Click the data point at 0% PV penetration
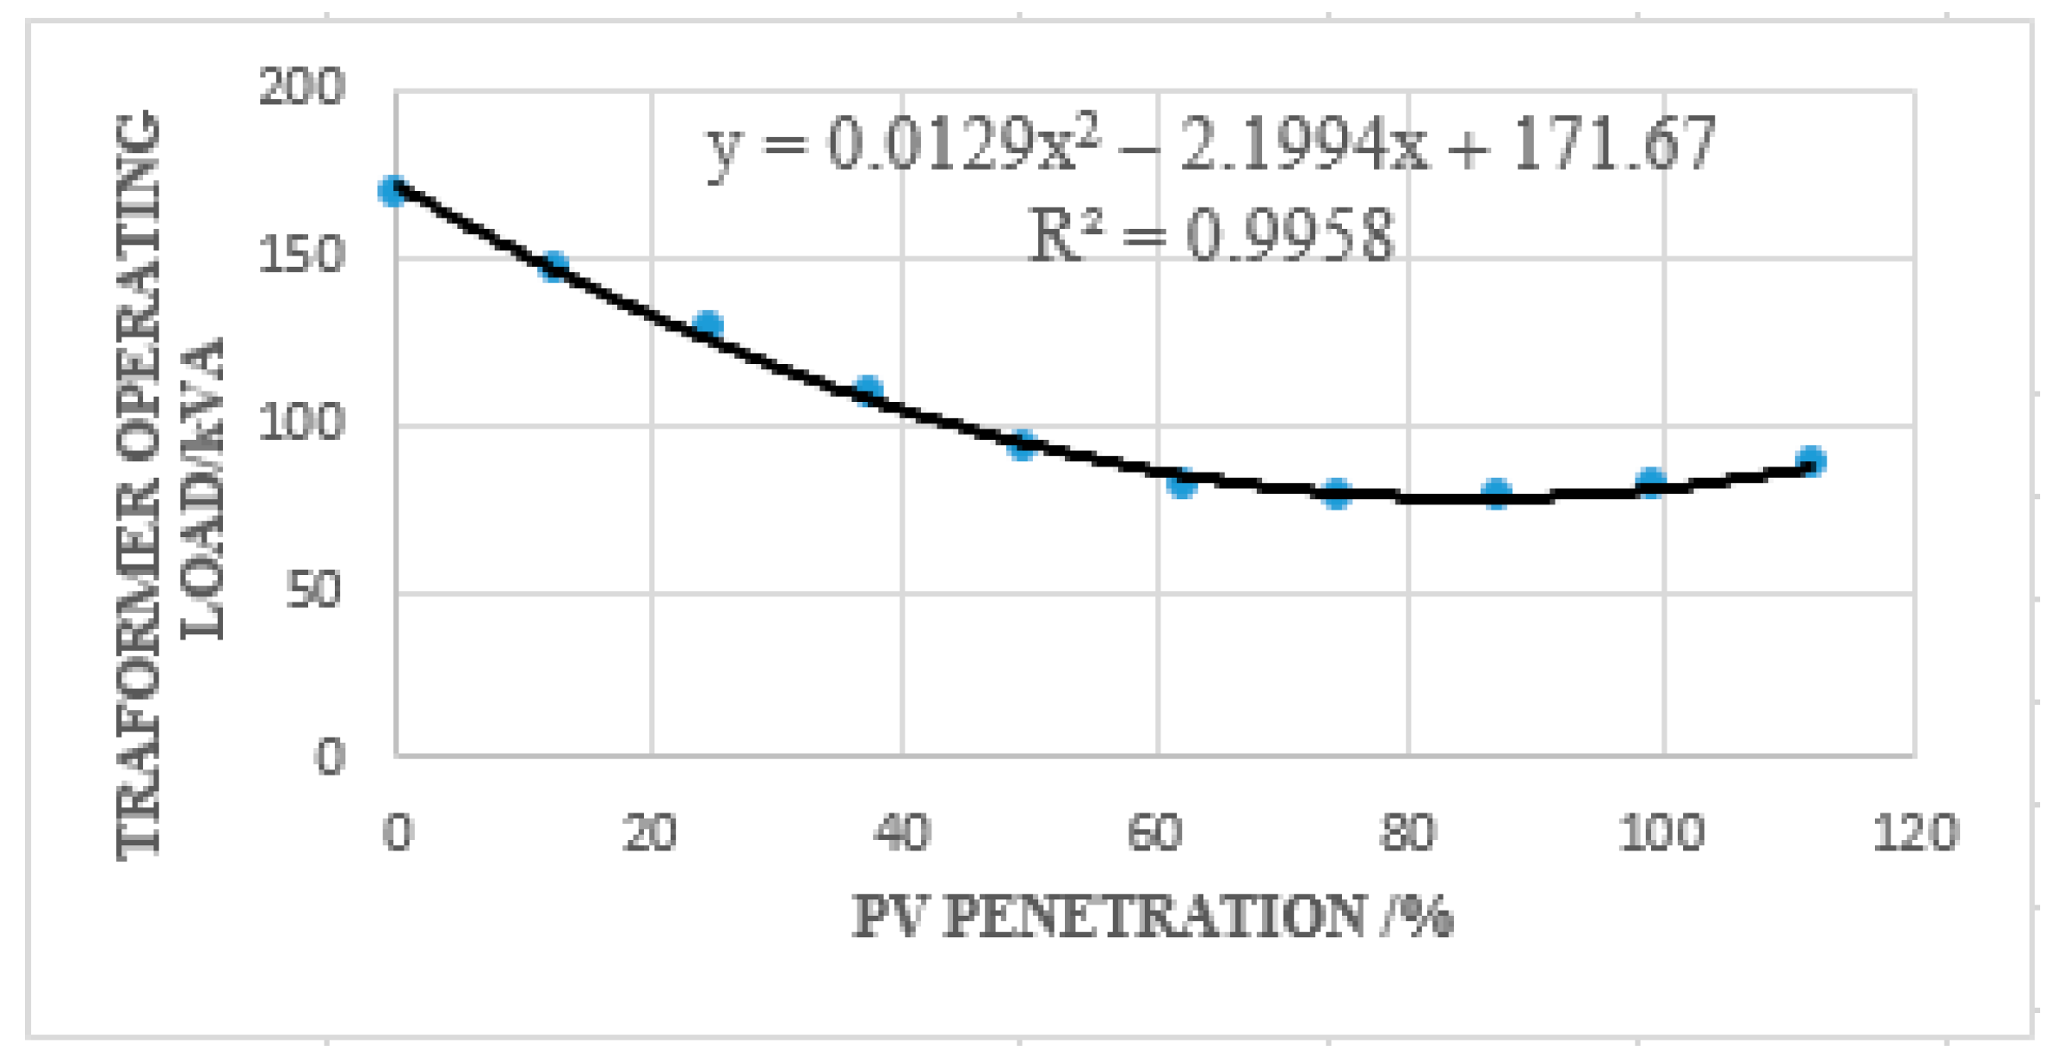coord(393,191)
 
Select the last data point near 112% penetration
coord(1811,461)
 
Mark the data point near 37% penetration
coord(869,390)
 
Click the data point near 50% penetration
coord(1022,444)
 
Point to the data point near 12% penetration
coord(554,265)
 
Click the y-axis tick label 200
coord(301,88)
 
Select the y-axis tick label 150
coord(301,256)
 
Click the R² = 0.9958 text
coord(1211,235)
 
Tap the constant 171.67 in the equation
coord(1613,145)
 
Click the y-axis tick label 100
coord(301,423)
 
